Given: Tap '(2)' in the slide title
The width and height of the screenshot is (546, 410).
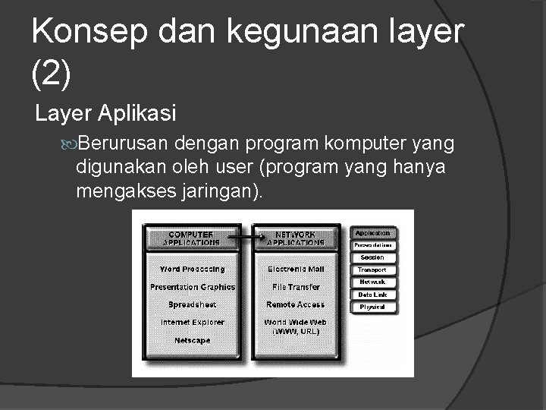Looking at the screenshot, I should pyautogui.click(x=52, y=73).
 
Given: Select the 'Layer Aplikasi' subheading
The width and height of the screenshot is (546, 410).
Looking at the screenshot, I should pyautogui.click(x=106, y=114).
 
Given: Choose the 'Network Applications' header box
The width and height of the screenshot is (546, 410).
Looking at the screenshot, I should pyautogui.click(x=296, y=238).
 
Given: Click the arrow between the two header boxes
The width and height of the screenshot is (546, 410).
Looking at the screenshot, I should pyautogui.click(x=243, y=238).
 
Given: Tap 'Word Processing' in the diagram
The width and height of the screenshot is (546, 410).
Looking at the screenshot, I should pyautogui.click(x=193, y=270).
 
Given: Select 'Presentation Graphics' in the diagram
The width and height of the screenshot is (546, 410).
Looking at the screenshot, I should pyautogui.click(x=193, y=287).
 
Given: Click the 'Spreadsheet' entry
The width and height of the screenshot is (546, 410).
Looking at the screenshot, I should pyautogui.click(x=193, y=304).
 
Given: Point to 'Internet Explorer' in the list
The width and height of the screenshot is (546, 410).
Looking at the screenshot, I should pyautogui.click(x=193, y=323).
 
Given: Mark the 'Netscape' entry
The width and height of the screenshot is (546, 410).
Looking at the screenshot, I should pyautogui.click(x=193, y=341).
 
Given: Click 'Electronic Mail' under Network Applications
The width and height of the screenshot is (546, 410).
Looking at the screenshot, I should pyautogui.click(x=296, y=270).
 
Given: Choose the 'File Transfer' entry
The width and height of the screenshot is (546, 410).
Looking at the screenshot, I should pyautogui.click(x=296, y=287).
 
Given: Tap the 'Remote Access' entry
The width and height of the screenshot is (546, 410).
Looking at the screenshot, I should pyautogui.click(x=296, y=304).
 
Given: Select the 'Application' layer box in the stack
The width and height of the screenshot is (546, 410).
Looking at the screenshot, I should pyautogui.click(x=372, y=233).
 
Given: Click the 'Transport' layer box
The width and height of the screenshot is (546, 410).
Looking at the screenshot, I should pyautogui.click(x=372, y=270).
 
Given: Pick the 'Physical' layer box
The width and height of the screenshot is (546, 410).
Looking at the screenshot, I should pyautogui.click(x=372, y=307).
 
